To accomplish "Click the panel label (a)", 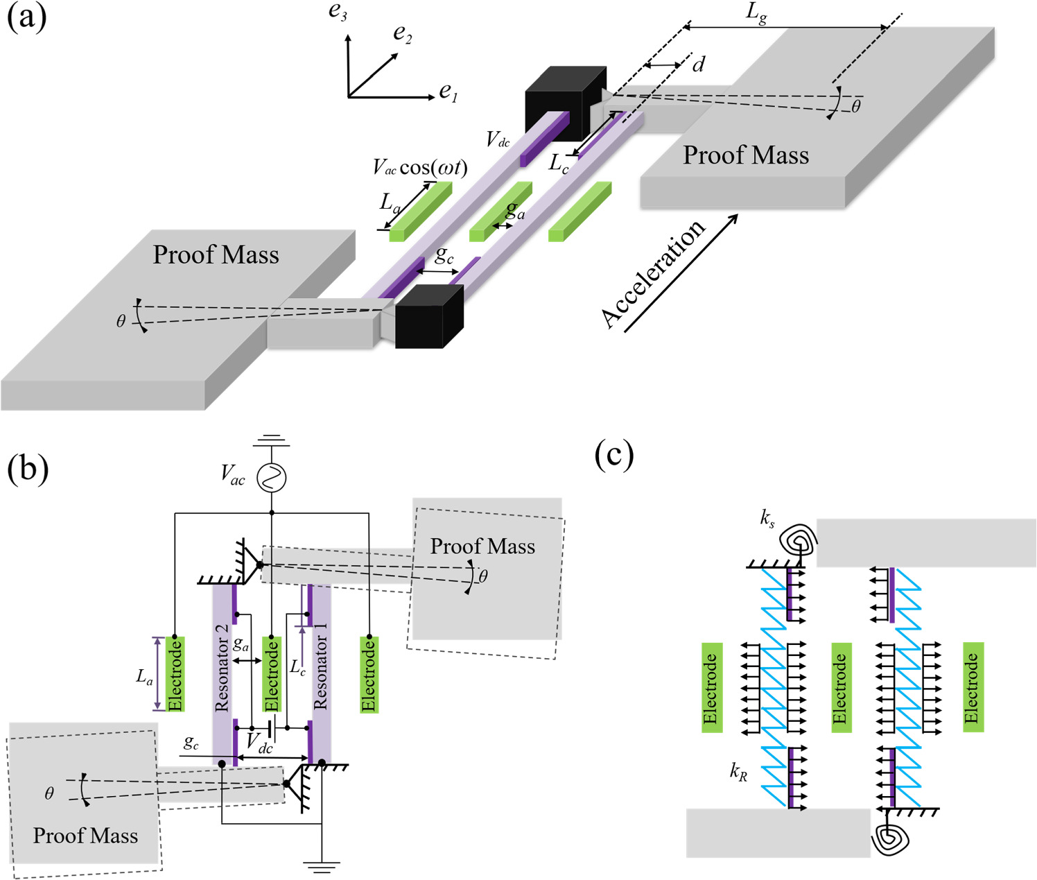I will click(26, 17).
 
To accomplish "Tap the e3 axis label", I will click(338, 12).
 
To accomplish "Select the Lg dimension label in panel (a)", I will click(757, 13).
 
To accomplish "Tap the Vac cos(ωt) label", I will click(419, 167).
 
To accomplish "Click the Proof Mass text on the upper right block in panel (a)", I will click(746, 155).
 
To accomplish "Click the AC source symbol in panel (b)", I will click(271, 477).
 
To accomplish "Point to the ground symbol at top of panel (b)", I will click(271, 441).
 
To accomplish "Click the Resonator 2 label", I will click(222, 668).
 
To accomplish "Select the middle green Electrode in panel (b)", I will click(272, 674).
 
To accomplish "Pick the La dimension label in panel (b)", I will click(143, 677).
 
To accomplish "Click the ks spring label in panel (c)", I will click(767, 518).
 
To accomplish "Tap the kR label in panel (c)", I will click(739, 771).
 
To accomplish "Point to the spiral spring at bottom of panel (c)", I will click(889, 838).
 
